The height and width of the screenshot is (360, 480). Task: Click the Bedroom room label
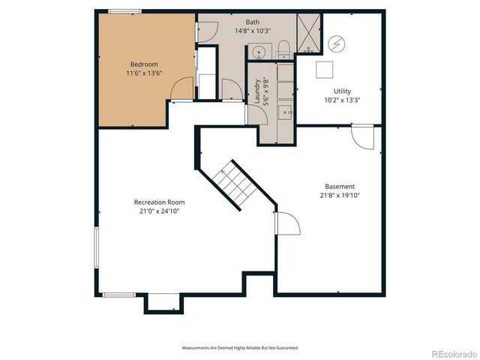(x=144, y=64)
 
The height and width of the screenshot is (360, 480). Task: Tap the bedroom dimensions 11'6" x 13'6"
(x=144, y=73)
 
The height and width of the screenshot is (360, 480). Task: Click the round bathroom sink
(x=257, y=52)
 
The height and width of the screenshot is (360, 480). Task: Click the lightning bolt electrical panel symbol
(x=337, y=43)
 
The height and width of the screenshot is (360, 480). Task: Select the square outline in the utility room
(x=325, y=70)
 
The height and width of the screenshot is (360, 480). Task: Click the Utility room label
(x=342, y=91)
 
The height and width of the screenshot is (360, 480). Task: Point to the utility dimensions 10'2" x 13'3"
(x=342, y=100)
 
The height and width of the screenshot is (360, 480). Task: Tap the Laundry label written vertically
(x=256, y=91)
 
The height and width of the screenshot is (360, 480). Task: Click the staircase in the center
(x=234, y=184)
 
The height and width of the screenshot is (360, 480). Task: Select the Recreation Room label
(x=159, y=202)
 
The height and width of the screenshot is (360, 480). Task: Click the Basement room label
(x=340, y=187)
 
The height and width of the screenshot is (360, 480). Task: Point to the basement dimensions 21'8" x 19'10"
(x=340, y=196)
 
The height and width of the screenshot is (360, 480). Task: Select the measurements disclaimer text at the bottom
(x=240, y=348)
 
